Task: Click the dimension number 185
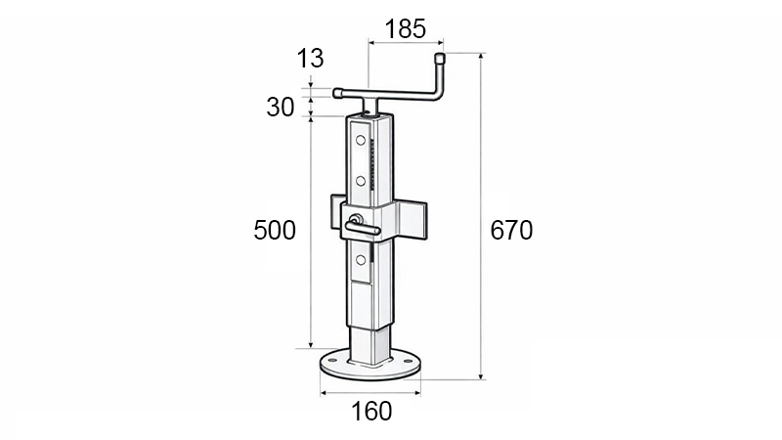pyautogui.click(x=405, y=28)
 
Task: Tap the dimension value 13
pyautogui.click(x=310, y=59)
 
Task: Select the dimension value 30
pyautogui.click(x=281, y=108)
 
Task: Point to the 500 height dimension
pyautogui.click(x=275, y=231)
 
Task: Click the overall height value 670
pyautogui.click(x=511, y=231)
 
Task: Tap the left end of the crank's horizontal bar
pyautogui.click(x=338, y=94)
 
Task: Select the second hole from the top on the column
pyautogui.click(x=361, y=181)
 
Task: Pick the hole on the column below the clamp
pyautogui.click(x=361, y=259)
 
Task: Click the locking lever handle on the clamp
pyautogui.click(x=364, y=229)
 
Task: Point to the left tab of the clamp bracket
pyautogui.click(x=335, y=212)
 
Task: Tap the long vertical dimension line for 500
pyautogui.click(x=311, y=231)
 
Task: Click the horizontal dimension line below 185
pyautogui.click(x=405, y=42)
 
